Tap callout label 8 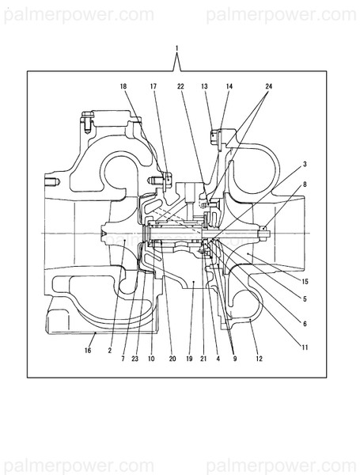click(305, 184)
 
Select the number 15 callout click(305, 281)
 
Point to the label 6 click(305, 324)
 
